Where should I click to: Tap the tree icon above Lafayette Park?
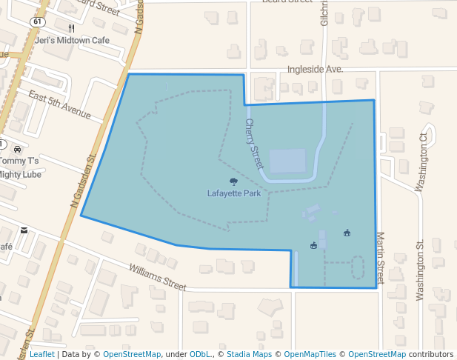coord(233,181)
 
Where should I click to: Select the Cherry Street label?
coord(254,144)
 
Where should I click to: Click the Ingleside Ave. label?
coord(315,70)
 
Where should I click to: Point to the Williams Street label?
coord(157,278)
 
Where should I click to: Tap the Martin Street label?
coord(381,258)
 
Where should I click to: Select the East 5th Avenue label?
coord(59,104)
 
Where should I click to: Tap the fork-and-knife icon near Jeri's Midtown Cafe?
coord(71,28)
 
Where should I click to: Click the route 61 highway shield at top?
coord(37,21)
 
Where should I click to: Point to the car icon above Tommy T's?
coord(16,149)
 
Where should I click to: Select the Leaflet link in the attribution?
coord(41,354)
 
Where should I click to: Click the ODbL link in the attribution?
coord(199,354)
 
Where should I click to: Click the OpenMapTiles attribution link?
coord(310,354)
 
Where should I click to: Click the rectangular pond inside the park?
coord(287,161)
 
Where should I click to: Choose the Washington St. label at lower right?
coord(420,270)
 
